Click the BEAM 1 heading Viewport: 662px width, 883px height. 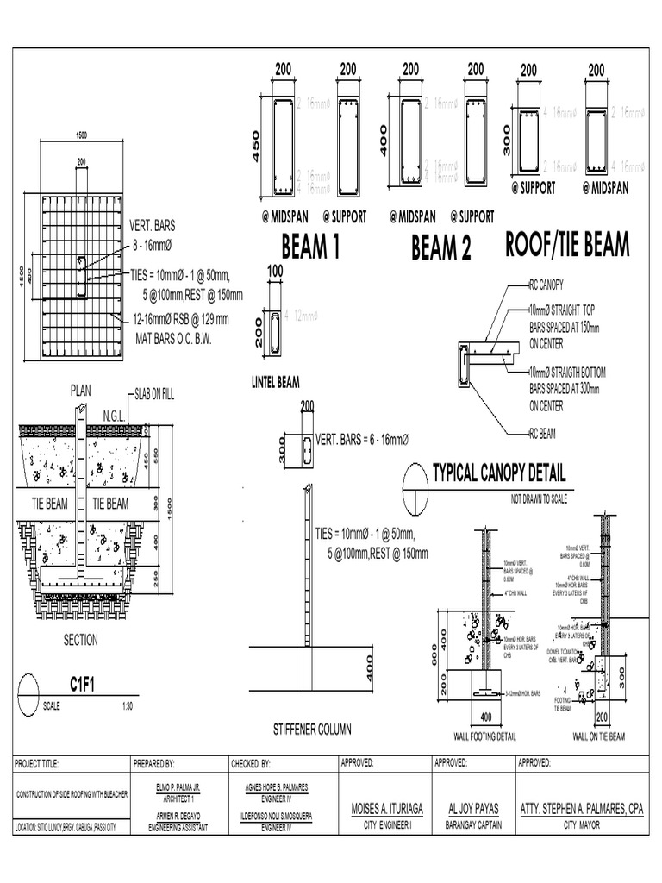tap(310, 248)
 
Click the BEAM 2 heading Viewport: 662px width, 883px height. tap(441, 249)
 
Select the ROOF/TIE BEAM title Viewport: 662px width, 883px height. tap(567, 245)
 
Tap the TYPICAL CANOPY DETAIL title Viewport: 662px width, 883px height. tap(498, 473)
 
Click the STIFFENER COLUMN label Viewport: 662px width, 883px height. tap(312, 730)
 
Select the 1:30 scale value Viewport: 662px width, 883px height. tap(128, 705)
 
